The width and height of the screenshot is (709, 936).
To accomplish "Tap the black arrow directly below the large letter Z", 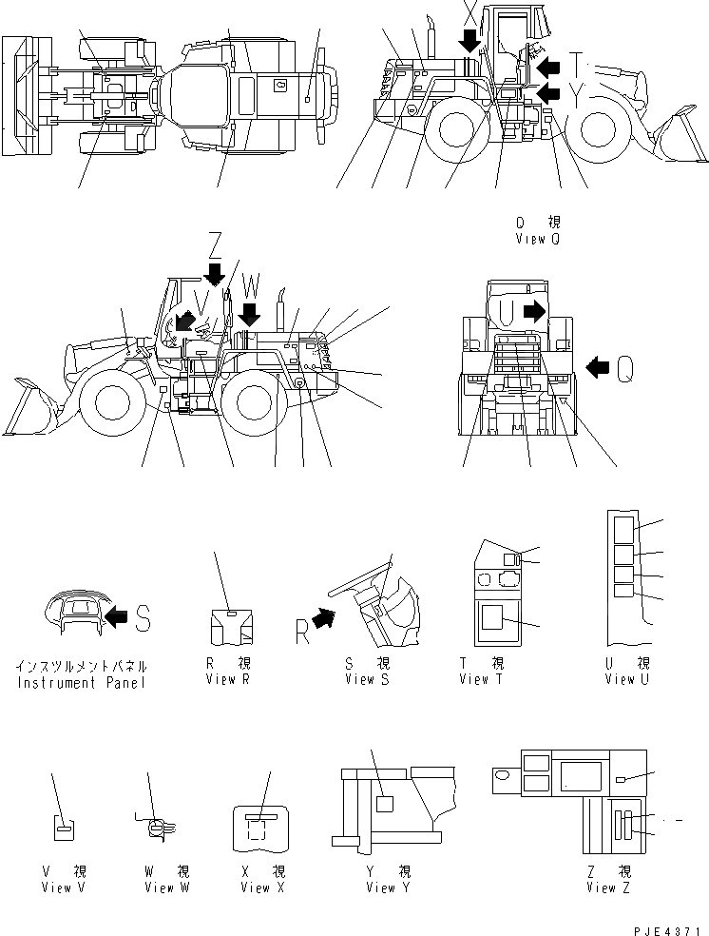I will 215,274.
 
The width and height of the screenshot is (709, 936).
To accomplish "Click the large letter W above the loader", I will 250,285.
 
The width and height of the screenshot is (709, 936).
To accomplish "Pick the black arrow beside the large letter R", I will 325,619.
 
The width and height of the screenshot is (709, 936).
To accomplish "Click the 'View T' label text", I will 487,679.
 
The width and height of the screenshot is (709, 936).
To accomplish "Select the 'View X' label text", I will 256,887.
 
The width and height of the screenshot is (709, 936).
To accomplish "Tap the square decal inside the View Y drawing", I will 385,804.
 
